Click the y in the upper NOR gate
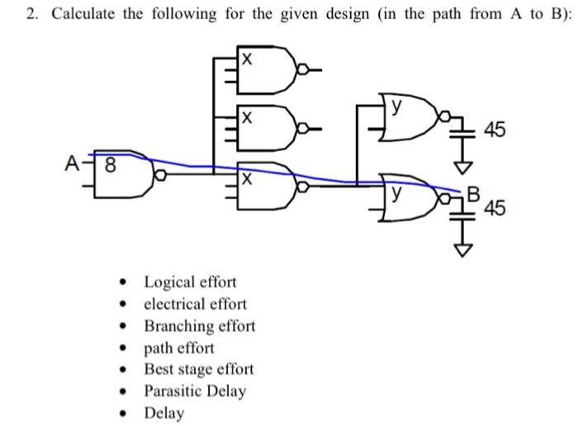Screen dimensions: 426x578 397,107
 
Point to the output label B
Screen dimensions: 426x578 473,196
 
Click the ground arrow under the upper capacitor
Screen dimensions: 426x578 464,167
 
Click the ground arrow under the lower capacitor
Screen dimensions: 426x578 464,253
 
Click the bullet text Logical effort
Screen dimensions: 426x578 190,283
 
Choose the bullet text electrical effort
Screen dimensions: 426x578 195,305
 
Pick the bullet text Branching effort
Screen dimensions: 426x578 199,326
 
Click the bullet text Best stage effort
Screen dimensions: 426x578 198,369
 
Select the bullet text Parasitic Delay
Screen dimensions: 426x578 194,390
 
